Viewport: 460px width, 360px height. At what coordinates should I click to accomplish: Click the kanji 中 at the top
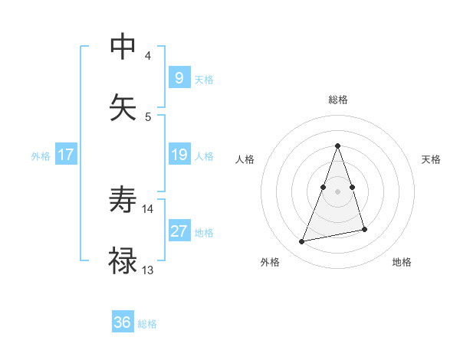[x=123, y=47]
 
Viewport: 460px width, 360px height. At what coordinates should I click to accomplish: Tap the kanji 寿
[x=123, y=200]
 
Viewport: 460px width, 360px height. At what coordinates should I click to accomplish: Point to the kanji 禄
[x=123, y=261]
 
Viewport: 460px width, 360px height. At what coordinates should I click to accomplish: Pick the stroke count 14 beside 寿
[x=148, y=208]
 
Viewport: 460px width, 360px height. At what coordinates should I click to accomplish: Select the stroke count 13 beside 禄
[x=148, y=270]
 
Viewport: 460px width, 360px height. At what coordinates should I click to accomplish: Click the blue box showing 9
[x=179, y=78]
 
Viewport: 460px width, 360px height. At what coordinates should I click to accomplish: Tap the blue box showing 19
[x=179, y=155]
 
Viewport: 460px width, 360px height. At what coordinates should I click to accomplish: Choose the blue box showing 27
[x=179, y=231]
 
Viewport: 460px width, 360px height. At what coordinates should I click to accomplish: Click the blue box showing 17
[x=66, y=155]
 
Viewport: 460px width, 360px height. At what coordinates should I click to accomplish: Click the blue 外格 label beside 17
[x=41, y=156]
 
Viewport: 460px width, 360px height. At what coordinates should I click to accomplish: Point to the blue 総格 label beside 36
[x=147, y=324]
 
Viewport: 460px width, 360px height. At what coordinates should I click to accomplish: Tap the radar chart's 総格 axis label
[x=338, y=100]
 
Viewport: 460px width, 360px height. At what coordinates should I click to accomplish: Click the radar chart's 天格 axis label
[x=432, y=159]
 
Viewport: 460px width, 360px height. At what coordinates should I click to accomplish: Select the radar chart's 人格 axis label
[x=245, y=159]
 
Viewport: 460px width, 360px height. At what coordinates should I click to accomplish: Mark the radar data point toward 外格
[x=302, y=242]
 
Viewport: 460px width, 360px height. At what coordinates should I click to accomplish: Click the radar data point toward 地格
[x=364, y=229]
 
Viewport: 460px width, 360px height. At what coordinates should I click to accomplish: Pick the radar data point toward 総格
[x=338, y=146]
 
